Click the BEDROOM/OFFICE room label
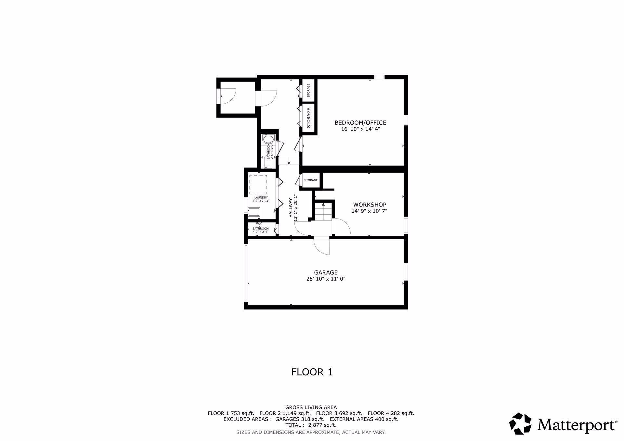pos(360,123)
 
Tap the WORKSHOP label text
pos(370,205)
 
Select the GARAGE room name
pos(326,273)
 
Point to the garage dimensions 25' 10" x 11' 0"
pos(326,279)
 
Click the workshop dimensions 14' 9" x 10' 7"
pos(370,211)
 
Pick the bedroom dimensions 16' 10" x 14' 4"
pos(360,129)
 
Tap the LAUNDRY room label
pos(261,197)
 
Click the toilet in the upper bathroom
pos(268,140)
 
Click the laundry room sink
pos(254,212)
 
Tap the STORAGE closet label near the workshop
pos(311,180)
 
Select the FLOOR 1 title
pos(312,372)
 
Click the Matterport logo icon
pos(520,423)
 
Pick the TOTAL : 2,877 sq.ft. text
pos(311,425)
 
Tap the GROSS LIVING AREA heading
pos(311,407)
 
